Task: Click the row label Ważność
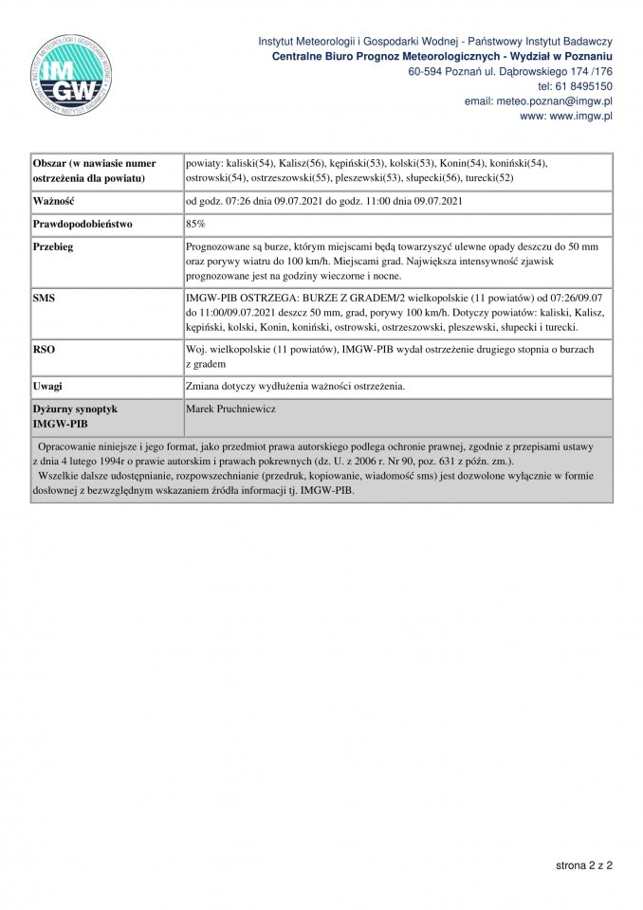(x=55, y=201)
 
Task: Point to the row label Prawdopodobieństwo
(x=83, y=225)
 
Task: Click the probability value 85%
(x=197, y=225)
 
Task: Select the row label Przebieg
(x=54, y=246)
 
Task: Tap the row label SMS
(x=44, y=299)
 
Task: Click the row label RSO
(x=44, y=350)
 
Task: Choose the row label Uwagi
(x=47, y=386)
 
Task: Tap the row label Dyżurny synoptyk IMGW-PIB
(x=75, y=415)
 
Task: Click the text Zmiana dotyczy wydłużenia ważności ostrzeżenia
(x=296, y=386)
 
